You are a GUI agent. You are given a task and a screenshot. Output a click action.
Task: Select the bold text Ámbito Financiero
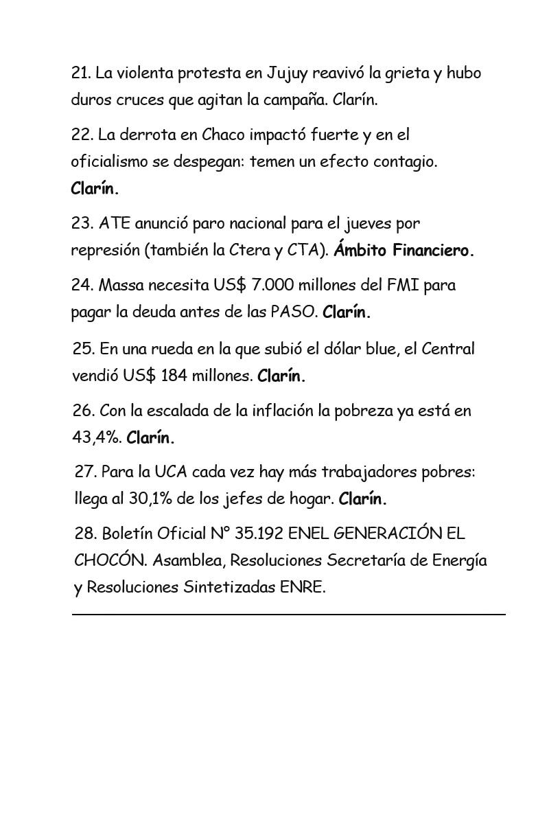pos(404,251)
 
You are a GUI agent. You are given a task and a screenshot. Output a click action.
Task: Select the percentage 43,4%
pos(96,437)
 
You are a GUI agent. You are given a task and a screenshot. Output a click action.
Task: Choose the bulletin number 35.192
pos(257,534)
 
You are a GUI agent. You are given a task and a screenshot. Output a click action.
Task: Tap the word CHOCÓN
pos(109,560)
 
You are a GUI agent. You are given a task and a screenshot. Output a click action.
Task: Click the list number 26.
pos(83,411)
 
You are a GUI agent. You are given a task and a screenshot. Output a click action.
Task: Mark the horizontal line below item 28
pos(288,614)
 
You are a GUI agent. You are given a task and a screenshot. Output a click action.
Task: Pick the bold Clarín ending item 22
pos(95,189)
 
